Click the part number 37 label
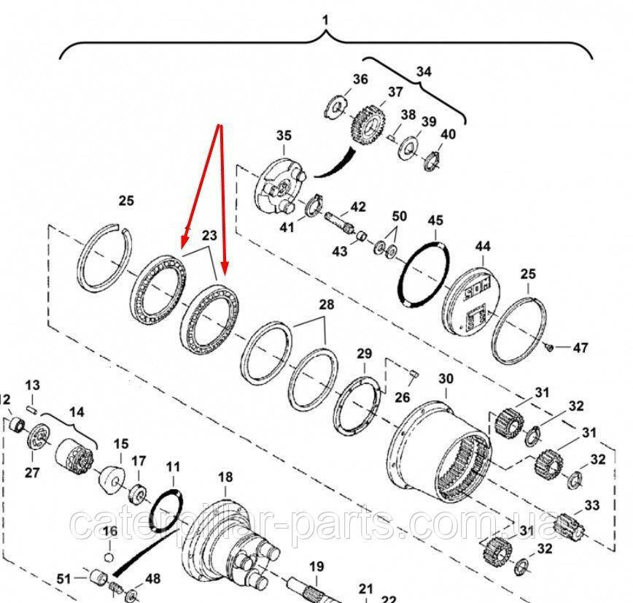click(395, 92)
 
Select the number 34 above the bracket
click(424, 72)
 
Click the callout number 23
click(209, 235)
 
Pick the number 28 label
click(325, 303)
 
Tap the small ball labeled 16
click(109, 558)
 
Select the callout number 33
click(591, 504)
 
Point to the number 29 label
click(364, 354)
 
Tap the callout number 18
click(225, 477)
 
